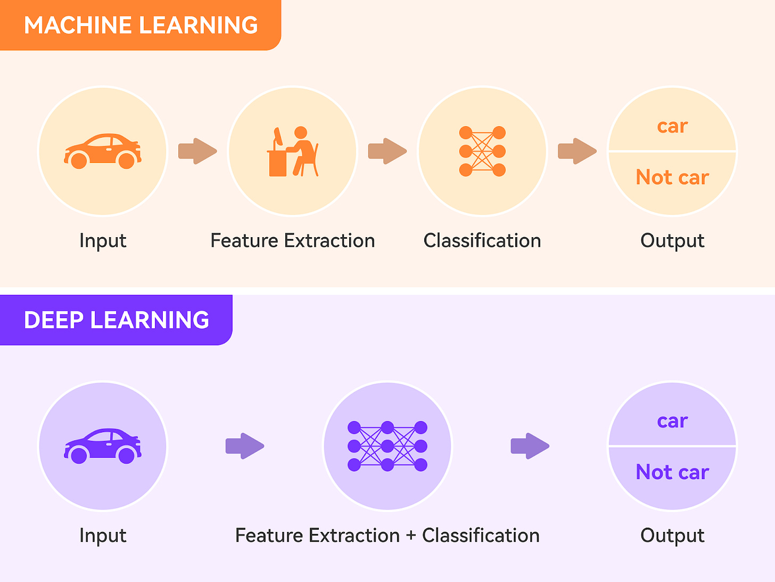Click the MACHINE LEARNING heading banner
[x=141, y=25]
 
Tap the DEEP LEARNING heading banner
[x=116, y=320]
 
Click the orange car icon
[x=103, y=151]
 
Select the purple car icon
[x=103, y=446]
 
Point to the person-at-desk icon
[x=293, y=151]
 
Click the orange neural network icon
[x=482, y=151]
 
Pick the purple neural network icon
[x=387, y=446]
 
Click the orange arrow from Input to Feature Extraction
[x=197, y=151]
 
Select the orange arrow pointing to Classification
[x=387, y=151]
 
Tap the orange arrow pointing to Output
[x=577, y=151]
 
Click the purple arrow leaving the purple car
[x=245, y=446]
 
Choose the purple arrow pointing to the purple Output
[x=530, y=446]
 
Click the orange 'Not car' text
[x=672, y=177]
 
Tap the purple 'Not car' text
[x=672, y=472]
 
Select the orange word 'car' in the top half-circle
[x=672, y=126]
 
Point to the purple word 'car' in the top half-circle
[x=672, y=421]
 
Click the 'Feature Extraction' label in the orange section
[x=293, y=240]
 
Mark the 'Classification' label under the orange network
[x=482, y=240]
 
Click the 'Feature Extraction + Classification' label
[x=387, y=535]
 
